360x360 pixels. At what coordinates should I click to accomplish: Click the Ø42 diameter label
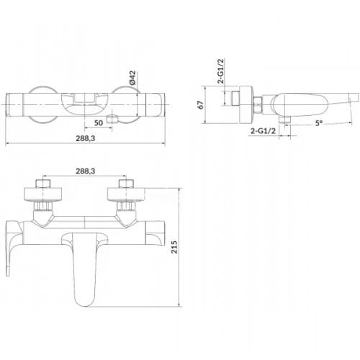point(132,78)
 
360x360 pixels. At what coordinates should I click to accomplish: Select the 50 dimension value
point(99,123)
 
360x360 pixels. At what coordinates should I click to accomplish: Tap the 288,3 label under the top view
point(86,138)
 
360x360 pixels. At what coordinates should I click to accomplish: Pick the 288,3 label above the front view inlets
point(86,171)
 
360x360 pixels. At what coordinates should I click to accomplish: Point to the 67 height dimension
point(201,105)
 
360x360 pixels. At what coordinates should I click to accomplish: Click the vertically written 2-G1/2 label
point(220,71)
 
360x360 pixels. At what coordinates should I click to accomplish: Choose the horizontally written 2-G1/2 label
point(263,131)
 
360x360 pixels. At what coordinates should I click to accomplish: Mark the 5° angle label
point(319,123)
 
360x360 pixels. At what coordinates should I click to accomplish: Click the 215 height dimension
point(174,247)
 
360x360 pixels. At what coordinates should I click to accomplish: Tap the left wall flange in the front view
point(43,194)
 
